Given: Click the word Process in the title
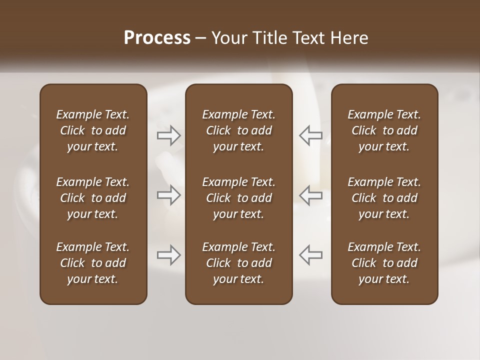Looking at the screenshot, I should coord(157,38).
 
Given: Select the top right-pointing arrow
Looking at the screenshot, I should coord(169,135).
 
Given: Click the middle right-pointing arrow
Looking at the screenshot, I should coord(169,195).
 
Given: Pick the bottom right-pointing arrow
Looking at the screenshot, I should coord(169,255).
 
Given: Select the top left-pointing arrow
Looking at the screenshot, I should coord(310,135).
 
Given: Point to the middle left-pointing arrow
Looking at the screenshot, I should coord(310,195).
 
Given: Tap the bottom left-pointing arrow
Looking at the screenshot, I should coord(310,255).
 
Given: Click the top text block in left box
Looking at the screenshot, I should coord(93,130).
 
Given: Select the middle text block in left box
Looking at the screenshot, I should coord(93,198).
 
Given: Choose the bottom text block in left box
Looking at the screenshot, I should coord(93,263).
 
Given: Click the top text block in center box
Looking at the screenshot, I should coord(239,130).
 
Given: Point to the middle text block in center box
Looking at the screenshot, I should coord(239,198).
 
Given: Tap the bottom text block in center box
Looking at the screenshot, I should coord(239,263).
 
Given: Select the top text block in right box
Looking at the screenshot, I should coord(384,130).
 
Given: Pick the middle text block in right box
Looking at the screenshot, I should coord(384,198).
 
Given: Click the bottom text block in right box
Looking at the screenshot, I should coord(384,263).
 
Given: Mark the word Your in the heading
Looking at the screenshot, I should coord(228,38).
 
